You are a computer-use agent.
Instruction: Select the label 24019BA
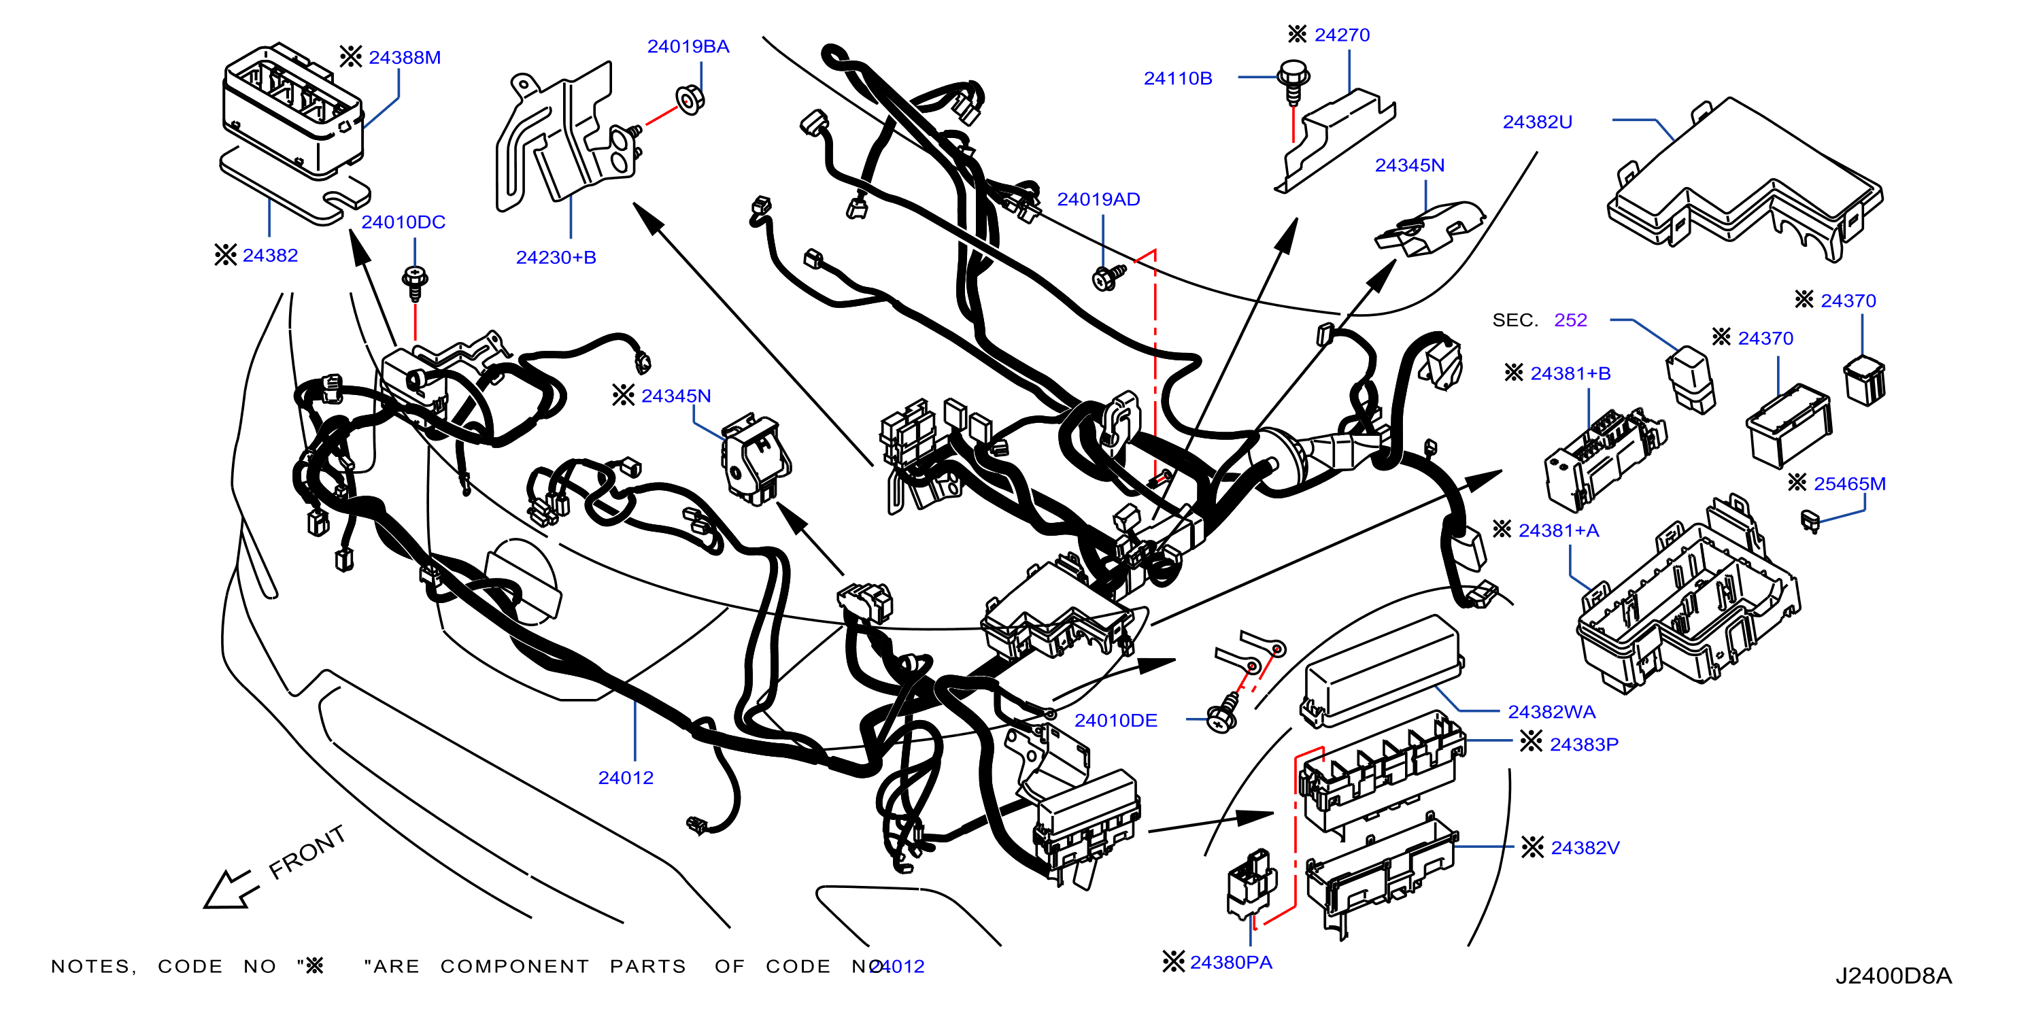(x=688, y=46)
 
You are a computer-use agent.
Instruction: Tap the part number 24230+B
(x=556, y=258)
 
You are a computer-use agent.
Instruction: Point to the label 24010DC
(x=403, y=222)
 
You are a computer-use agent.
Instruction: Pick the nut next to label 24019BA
(x=690, y=100)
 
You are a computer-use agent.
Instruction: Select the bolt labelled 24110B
(x=1293, y=82)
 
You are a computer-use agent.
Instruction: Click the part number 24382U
(x=1537, y=122)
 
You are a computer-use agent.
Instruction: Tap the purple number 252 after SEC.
(x=1570, y=320)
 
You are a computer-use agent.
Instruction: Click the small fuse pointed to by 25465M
(x=1810, y=521)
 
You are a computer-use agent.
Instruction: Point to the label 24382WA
(x=1551, y=712)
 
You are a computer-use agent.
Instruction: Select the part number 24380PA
(x=1231, y=963)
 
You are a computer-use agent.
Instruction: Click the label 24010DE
(x=1115, y=721)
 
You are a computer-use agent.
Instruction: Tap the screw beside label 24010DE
(x=1223, y=715)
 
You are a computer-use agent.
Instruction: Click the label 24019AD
(x=1098, y=199)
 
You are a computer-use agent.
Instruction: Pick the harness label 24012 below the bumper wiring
(x=626, y=779)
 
